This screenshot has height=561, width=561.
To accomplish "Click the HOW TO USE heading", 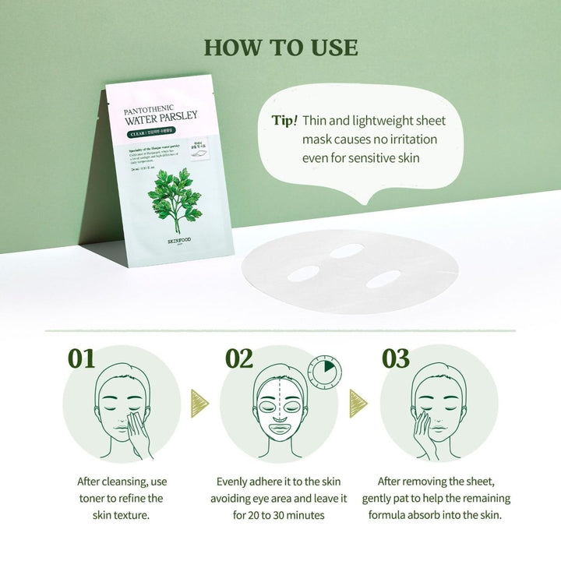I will (280, 48).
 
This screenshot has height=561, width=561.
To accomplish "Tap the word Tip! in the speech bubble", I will (284, 121).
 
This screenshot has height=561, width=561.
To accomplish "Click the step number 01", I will (81, 358).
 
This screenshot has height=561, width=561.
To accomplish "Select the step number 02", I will (239, 358).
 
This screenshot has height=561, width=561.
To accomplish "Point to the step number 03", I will (395, 358).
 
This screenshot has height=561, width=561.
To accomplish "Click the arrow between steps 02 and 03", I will (358, 403).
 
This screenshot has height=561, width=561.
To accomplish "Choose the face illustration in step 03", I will (436, 409).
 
